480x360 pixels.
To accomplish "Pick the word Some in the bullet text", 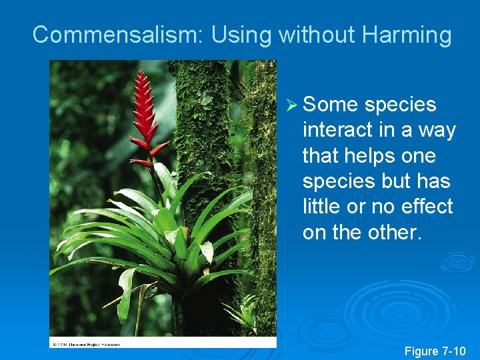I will point(331,105).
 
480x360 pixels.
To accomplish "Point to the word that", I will point(321,156).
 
